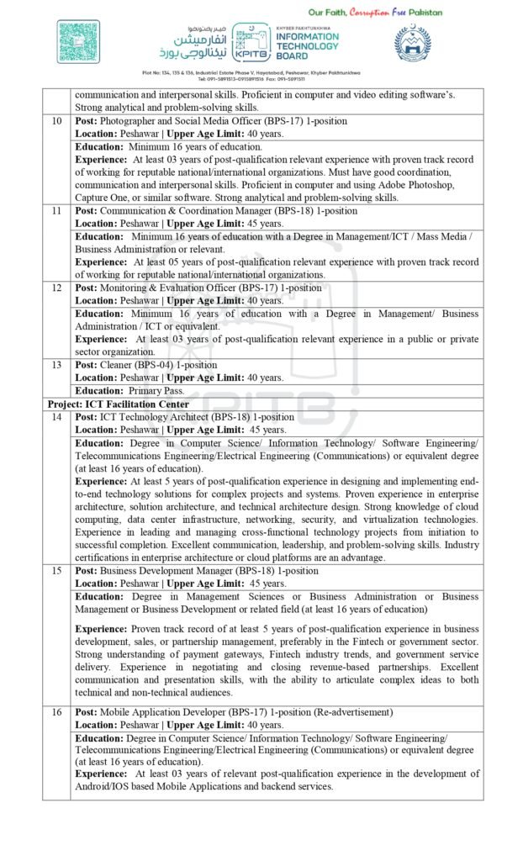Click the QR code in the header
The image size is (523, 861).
[x=78, y=42]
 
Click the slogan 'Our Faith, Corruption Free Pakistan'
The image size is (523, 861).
[x=375, y=13]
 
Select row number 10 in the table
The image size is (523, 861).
[x=56, y=121]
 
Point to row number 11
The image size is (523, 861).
[x=56, y=211]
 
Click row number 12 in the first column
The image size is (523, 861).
[x=56, y=288]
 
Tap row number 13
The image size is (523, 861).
[x=56, y=366]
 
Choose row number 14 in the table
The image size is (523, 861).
[x=56, y=417]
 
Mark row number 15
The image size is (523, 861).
[x=56, y=571]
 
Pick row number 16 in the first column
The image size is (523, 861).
[x=56, y=712]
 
